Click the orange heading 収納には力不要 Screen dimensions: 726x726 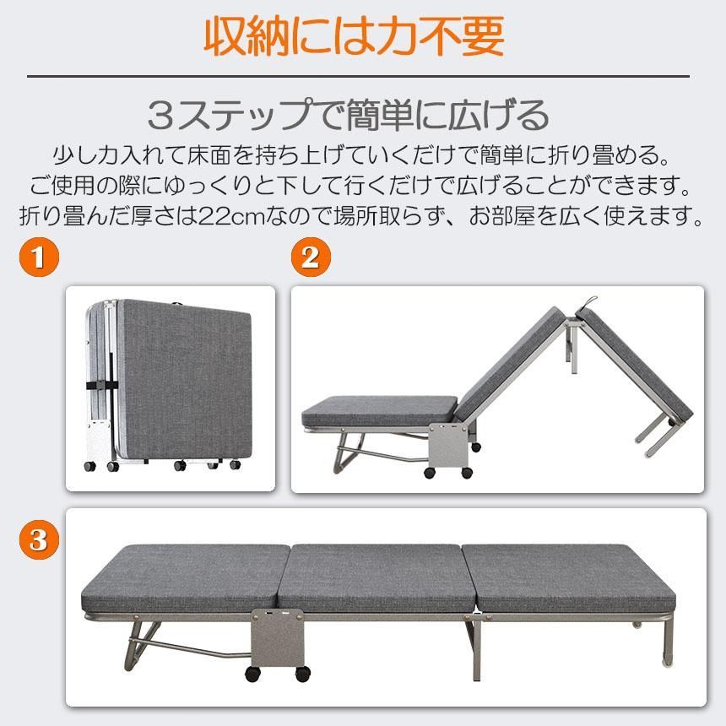point(355,35)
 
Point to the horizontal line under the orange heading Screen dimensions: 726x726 point(358,77)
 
